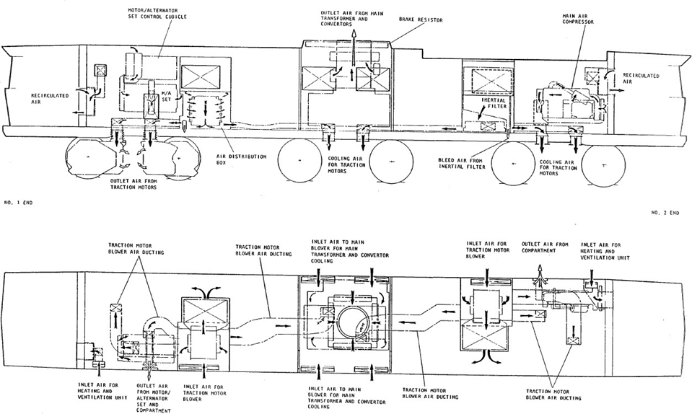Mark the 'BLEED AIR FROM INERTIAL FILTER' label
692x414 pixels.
(462, 163)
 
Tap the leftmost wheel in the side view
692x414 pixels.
(87, 157)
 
